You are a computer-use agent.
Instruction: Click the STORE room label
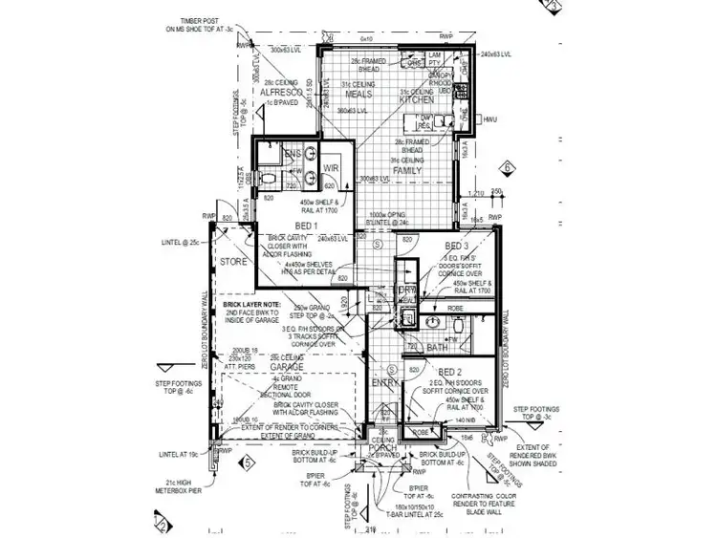pos(232,261)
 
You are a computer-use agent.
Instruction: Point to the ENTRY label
pos(384,382)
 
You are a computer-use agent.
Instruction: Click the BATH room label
pos(436,348)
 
